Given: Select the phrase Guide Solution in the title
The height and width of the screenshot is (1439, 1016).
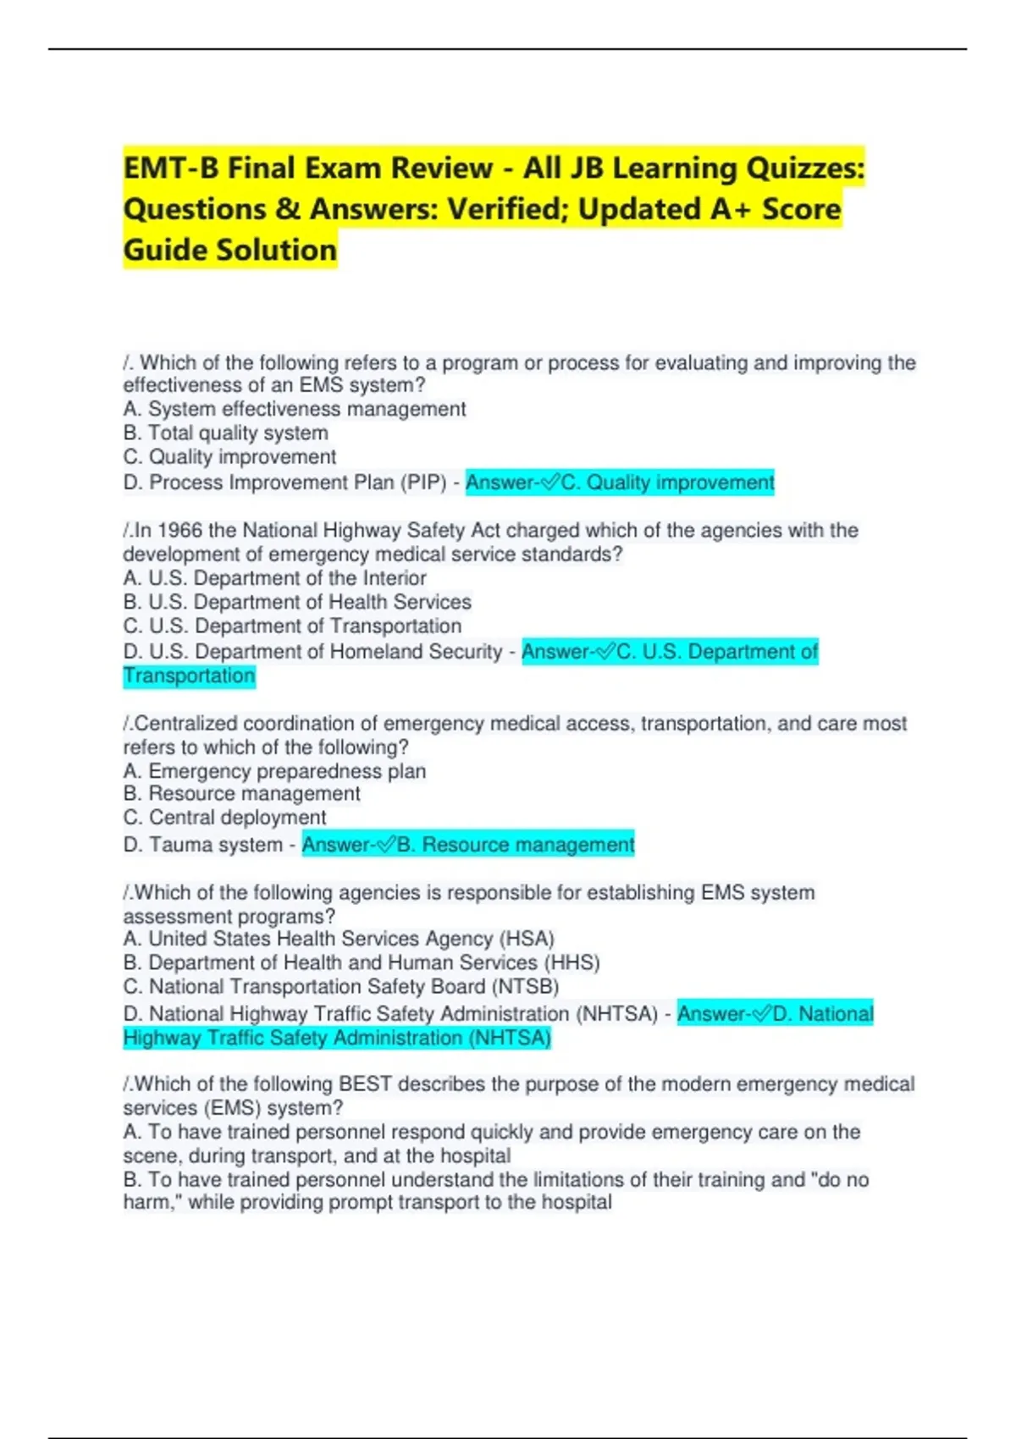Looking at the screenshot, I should [x=230, y=251].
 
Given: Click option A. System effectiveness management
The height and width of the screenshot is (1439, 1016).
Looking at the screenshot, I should [x=294, y=409].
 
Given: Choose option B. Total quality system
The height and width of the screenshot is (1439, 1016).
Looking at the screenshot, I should [x=225, y=433].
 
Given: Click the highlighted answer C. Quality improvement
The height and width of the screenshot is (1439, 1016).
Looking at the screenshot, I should [x=620, y=482].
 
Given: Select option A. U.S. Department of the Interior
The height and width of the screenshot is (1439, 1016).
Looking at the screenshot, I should [x=274, y=578].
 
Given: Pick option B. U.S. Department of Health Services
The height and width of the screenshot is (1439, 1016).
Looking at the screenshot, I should [x=296, y=602].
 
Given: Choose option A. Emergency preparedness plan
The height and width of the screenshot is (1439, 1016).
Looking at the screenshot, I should [x=274, y=771].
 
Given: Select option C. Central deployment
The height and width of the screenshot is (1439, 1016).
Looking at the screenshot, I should [x=224, y=818].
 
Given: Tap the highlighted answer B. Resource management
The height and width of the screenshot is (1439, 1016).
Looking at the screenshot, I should [x=468, y=845].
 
